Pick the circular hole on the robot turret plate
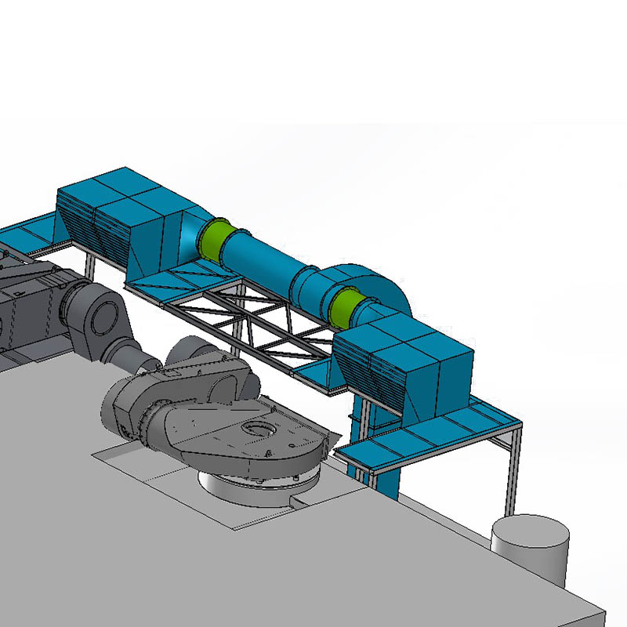(257, 429)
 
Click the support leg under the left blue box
(91, 266)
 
